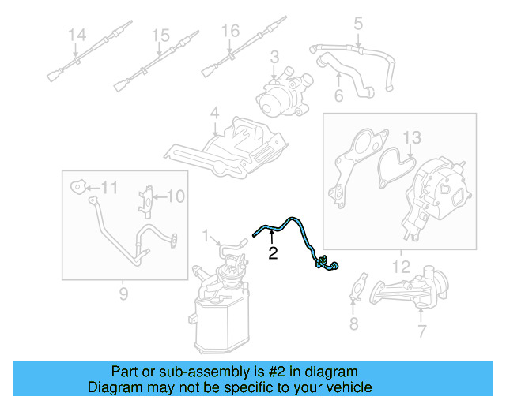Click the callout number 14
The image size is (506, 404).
tap(76, 36)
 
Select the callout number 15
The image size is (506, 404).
tap(160, 36)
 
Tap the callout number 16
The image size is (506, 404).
tap(229, 32)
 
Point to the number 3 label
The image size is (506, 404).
tap(274, 57)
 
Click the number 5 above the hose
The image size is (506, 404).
tap(358, 24)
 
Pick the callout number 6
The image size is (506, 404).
tap(338, 97)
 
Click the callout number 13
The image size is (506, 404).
tap(412, 140)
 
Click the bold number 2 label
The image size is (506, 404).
tap(273, 253)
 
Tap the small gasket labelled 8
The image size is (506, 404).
tap(360, 287)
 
